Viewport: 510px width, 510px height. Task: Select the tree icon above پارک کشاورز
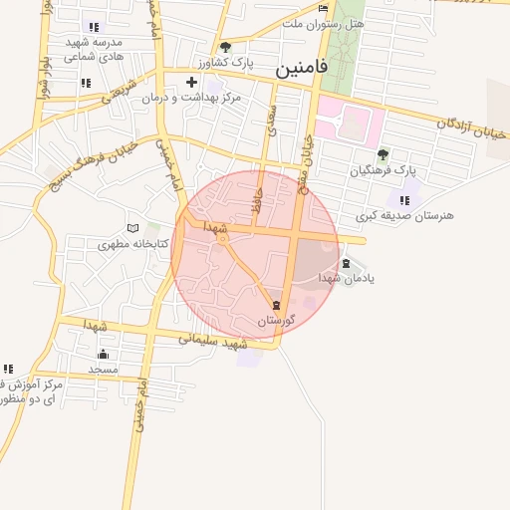[225, 47]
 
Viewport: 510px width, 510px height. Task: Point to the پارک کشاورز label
[225, 63]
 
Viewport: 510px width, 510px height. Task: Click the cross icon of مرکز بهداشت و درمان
[191, 82]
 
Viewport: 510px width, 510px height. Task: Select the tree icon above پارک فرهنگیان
[382, 154]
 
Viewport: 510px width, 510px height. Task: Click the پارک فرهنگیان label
[382, 171]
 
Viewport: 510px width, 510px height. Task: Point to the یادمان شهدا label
[346, 278]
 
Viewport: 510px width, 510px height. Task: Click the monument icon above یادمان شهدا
[346, 263]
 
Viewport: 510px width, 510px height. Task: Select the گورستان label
[276, 321]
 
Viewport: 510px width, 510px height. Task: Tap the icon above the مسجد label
[103, 354]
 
